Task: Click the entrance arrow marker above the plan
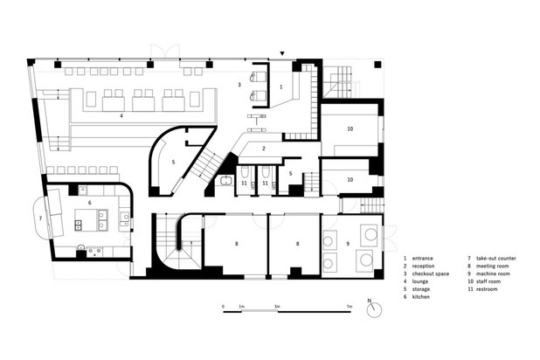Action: coord(282,53)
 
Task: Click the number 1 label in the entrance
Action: coord(280,87)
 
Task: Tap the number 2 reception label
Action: coord(264,149)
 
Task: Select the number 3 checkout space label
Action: coord(239,85)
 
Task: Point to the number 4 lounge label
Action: coord(121,115)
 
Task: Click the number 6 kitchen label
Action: coord(89,203)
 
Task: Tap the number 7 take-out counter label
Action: coord(40,218)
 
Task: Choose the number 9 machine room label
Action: coord(348,244)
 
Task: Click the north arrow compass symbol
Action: coord(374,309)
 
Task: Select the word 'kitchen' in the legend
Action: coord(421,296)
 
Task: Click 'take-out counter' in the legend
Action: coord(496,258)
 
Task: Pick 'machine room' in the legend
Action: coord(493,273)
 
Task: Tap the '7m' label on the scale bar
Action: coord(350,306)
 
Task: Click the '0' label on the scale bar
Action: coord(223,306)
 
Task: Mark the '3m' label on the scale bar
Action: coord(277,306)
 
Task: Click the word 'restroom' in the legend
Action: coord(487,289)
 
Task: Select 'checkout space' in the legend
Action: coord(431,273)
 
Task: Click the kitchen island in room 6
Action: coord(91,220)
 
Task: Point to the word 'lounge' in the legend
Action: coord(420,281)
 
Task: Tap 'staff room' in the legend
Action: coord(488,281)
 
